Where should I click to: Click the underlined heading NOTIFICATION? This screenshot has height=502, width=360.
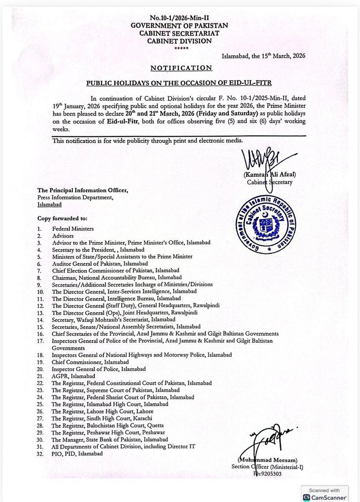(x=181, y=68)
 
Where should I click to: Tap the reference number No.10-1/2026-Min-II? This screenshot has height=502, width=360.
(x=179, y=18)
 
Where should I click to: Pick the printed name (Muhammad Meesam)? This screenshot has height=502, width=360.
(x=267, y=460)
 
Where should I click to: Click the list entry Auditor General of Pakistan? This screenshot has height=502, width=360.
(x=100, y=264)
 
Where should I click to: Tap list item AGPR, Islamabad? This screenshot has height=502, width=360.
(x=73, y=376)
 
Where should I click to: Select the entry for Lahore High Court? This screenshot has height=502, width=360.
(x=102, y=411)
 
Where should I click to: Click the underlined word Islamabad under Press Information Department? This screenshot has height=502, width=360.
(x=49, y=205)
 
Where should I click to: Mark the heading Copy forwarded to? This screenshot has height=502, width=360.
(x=62, y=218)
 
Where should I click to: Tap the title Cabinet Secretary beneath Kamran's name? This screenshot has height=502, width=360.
(x=269, y=182)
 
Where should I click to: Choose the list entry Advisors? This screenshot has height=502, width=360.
(x=63, y=236)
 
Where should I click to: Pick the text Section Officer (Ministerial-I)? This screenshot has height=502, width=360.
(x=267, y=467)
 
